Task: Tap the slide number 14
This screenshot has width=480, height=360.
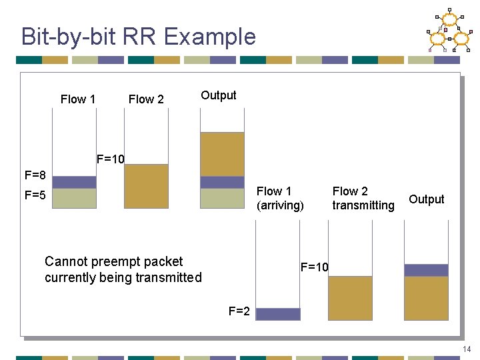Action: pyautogui.click(x=466, y=349)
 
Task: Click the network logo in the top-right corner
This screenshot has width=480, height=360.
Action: pyautogui.click(x=449, y=31)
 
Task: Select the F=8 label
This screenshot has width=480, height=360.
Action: pyautogui.click(x=35, y=176)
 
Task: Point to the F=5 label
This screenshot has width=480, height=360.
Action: pyautogui.click(x=35, y=196)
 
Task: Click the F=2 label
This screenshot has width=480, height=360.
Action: pyautogui.click(x=239, y=311)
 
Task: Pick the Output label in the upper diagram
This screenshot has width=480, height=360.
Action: pyautogui.click(x=219, y=95)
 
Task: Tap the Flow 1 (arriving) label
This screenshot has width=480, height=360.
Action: pyautogui.click(x=280, y=199)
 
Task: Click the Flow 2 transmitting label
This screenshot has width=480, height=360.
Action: pyautogui.click(x=363, y=199)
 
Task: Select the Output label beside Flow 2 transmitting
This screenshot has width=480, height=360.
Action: pyautogui.click(x=427, y=199)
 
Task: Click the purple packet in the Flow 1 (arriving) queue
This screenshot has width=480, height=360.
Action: pyautogui.click(x=278, y=314)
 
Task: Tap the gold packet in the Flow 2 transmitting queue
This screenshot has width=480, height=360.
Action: pyautogui.click(x=350, y=298)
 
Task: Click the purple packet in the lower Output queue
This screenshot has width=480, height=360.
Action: pyautogui.click(x=426, y=270)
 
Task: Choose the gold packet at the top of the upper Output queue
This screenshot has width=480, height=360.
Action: pyautogui.click(x=222, y=154)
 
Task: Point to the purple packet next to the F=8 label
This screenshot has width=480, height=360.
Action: pyautogui.click(x=74, y=182)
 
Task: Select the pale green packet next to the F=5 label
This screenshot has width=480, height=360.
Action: pyautogui.click(x=74, y=198)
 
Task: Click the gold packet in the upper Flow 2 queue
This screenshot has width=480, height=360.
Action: pyautogui.click(x=146, y=186)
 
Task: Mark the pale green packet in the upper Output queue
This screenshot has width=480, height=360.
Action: pyautogui.click(x=222, y=198)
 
